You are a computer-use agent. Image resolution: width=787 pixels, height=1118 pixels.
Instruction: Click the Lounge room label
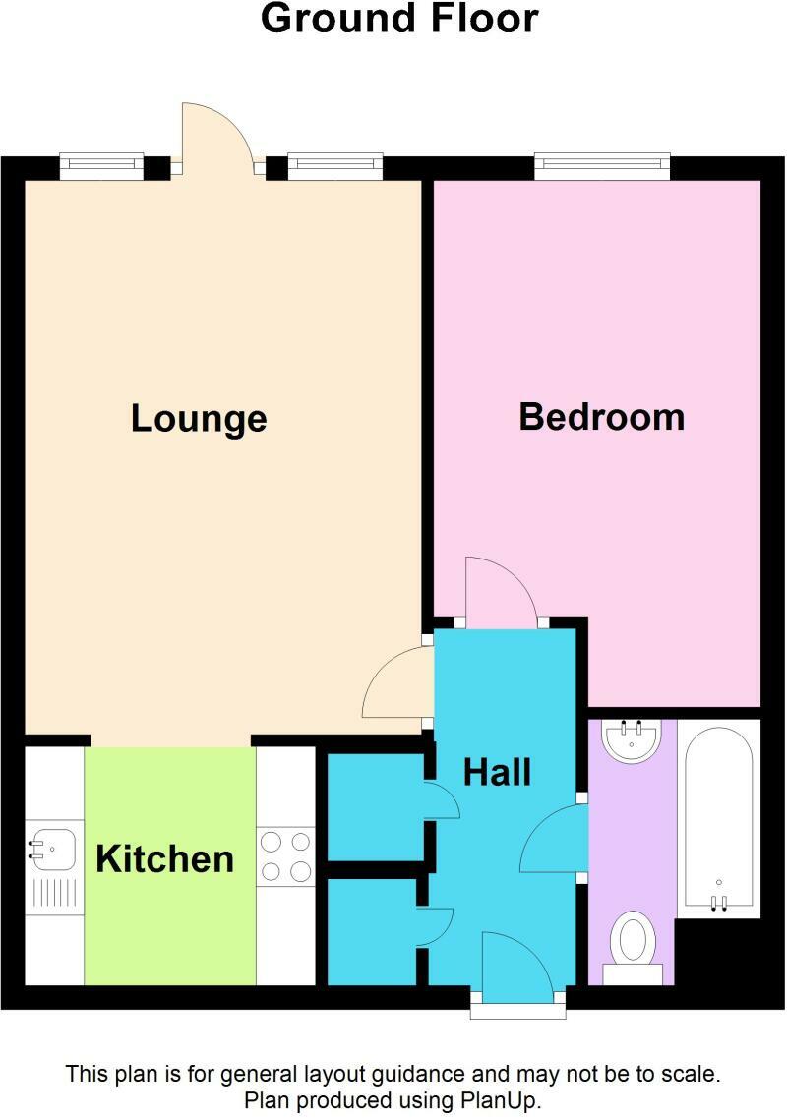click(199, 419)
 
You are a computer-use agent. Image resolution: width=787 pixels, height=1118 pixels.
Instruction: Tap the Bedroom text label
click(601, 417)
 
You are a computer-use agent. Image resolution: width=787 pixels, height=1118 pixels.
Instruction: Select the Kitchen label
click(164, 859)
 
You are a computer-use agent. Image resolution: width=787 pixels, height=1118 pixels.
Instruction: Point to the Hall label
click(497, 773)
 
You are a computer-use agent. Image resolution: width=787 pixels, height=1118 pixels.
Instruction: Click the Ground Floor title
click(399, 19)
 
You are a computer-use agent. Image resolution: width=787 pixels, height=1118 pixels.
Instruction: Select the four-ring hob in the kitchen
click(285, 856)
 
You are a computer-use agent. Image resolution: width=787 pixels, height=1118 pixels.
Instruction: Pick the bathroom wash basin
click(632, 740)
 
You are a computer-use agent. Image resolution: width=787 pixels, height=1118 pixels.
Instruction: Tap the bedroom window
click(602, 166)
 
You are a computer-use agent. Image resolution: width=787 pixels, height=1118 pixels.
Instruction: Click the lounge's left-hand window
click(101, 166)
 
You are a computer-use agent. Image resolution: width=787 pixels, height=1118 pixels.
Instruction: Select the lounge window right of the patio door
click(334, 166)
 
